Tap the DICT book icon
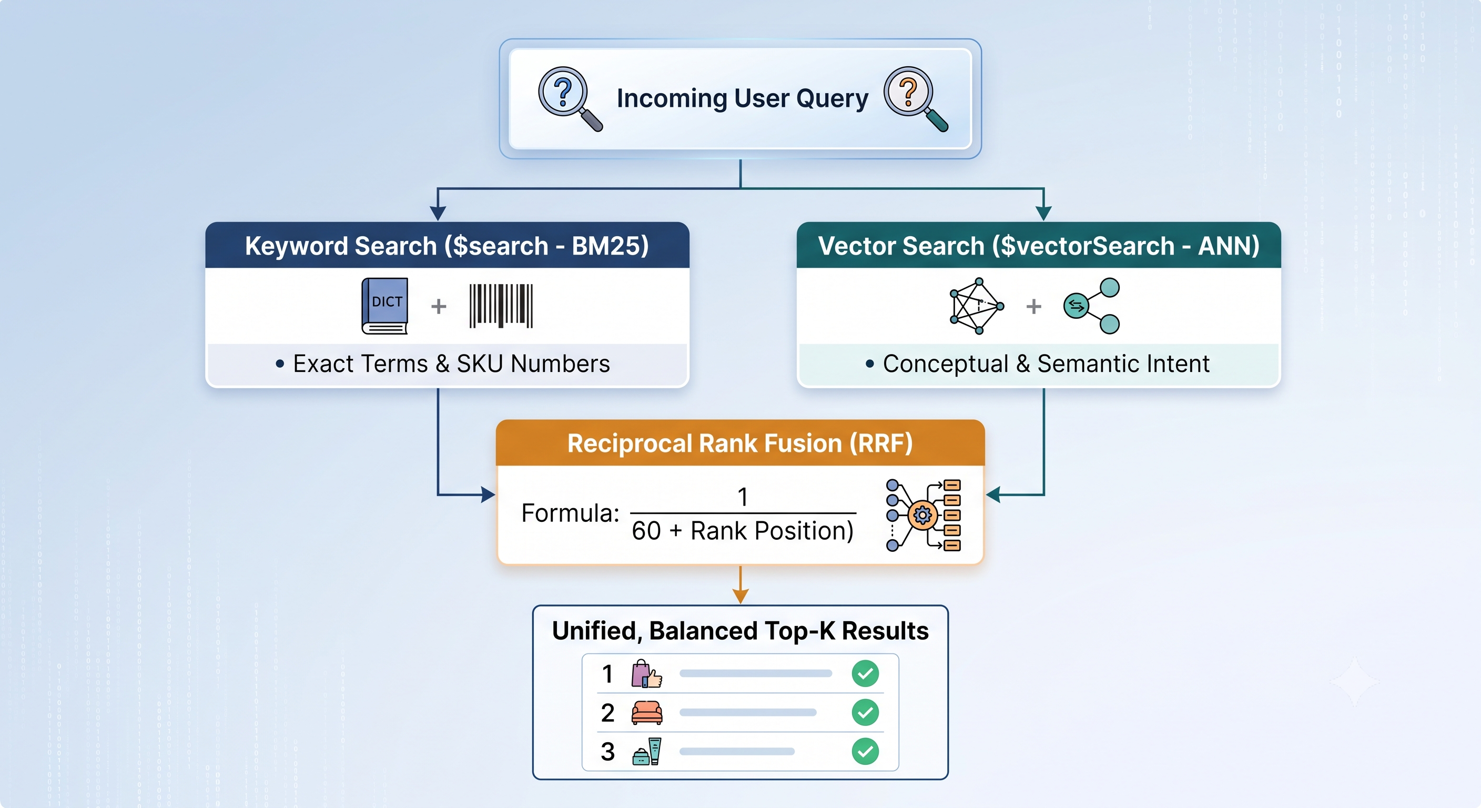click(x=384, y=306)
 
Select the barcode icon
click(x=501, y=306)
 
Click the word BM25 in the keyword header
click(x=610, y=246)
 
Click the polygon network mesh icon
click(x=976, y=306)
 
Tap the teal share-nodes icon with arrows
click(x=1091, y=306)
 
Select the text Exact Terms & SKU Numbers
click(x=451, y=364)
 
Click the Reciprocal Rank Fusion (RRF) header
click(x=740, y=443)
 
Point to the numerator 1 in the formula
click(x=743, y=497)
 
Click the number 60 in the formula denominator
click(x=646, y=531)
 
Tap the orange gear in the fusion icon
click(x=922, y=516)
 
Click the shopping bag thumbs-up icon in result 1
click(x=646, y=673)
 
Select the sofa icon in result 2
click(x=647, y=713)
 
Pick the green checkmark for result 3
click(x=865, y=752)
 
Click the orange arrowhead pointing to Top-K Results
click(x=740, y=597)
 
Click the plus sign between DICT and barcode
click(x=439, y=306)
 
